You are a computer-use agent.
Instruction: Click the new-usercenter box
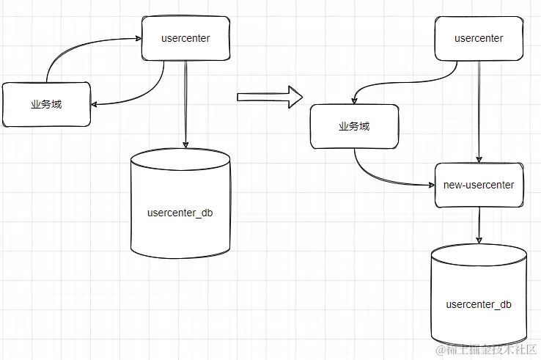(479, 185)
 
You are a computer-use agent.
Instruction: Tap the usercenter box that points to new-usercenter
(479, 38)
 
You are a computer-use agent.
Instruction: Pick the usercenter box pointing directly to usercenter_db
(185, 38)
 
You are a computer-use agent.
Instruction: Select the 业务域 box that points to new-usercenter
(354, 126)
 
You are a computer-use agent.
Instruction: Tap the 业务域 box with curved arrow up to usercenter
(46, 104)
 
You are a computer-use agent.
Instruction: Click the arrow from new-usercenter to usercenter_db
(479, 224)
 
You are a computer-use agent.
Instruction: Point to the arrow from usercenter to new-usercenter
(479, 110)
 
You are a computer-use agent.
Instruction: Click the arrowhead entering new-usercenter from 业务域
(430, 185)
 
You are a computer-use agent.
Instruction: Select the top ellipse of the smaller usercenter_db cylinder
(479, 254)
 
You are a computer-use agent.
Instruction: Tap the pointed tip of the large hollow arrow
(302, 96)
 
